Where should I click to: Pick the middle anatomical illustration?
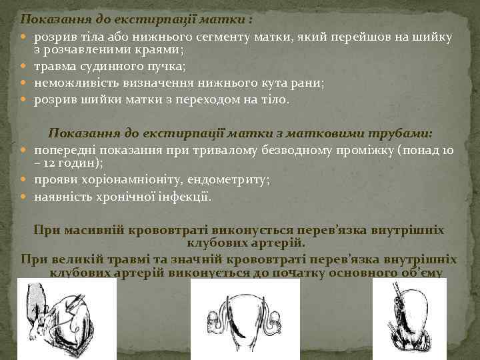tap(245, 319)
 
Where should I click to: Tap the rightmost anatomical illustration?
tap(409, 319)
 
